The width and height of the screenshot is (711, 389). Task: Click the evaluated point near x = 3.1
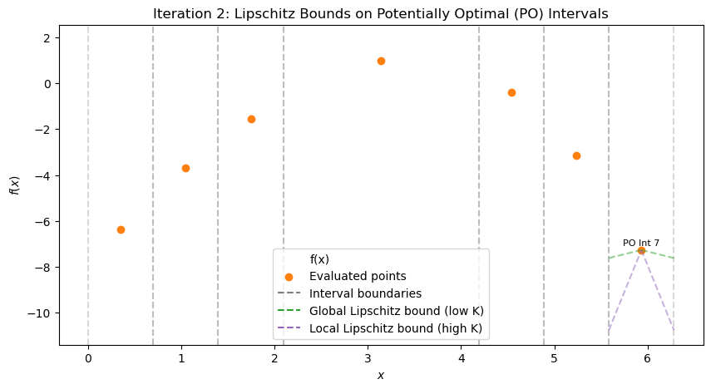tap(381, 61)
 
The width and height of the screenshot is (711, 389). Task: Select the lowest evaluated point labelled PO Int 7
tap(641, 250)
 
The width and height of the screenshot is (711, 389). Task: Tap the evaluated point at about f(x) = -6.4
tap(121, 229)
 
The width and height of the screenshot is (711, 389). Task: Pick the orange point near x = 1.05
tap(185, 168)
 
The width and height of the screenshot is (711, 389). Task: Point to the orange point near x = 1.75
tap(251, 119)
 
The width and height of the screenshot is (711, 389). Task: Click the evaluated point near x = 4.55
tap(511, 92)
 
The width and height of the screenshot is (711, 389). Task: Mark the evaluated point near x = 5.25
tap(576, 155)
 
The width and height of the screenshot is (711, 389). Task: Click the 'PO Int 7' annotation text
tap(641, 243)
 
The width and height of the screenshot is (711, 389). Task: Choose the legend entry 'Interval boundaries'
tap(365, 293)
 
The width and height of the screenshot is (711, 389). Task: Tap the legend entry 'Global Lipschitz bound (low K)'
tap(396, 311)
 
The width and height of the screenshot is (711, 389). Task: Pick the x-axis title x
tap(381, 375)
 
